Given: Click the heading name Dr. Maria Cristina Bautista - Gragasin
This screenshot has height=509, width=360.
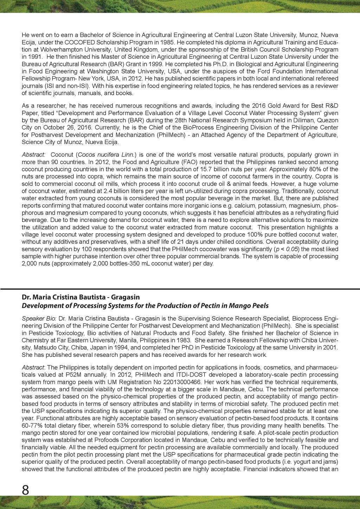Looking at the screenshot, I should pos(81,298).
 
